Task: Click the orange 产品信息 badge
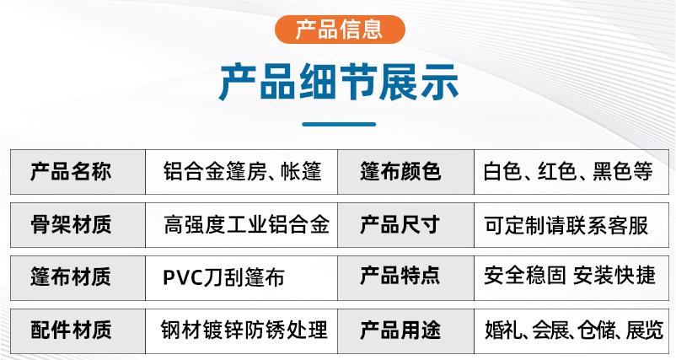pos(340,30)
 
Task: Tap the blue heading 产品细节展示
pos(339,82)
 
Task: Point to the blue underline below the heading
pos(339,124)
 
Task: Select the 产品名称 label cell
pos(78,172)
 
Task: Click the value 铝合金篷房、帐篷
pos(242,171)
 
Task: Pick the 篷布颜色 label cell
pos(405,172)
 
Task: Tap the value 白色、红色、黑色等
pos(568,171)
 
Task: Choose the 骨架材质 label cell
pos(78,225)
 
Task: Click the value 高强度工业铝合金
pos(246,224)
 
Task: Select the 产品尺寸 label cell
pos(405,225)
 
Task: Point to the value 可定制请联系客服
pos(566,225)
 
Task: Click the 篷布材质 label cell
pos(78,277)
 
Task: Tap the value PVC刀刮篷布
pos(223,277)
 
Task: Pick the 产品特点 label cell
pos(405,277)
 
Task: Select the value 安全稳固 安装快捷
pos(570,276)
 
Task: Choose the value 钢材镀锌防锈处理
pos(244,330)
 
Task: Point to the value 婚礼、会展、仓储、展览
pos(574,330)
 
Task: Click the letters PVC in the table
pos(183,277)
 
